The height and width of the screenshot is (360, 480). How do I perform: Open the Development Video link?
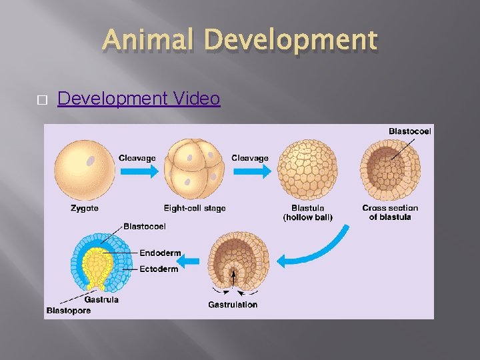(139, 99)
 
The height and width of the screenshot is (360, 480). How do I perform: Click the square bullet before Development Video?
(41, 99)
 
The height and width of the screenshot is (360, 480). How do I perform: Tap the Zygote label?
(85, 208)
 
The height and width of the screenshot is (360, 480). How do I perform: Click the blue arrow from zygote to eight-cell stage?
(138, 171)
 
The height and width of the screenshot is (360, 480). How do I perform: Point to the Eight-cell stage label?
(195, 208)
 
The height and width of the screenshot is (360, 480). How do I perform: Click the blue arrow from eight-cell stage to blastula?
(251, 171)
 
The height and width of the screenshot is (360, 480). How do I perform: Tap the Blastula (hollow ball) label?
(307, 212)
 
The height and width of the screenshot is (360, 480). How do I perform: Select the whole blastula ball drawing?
(307, 169)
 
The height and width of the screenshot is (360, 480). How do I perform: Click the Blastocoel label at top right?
(410, 131)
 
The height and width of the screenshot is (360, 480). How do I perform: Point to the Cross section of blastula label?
(391, 212)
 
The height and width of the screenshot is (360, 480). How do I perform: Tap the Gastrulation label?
(233, 305)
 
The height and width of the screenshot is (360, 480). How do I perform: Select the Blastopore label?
(69, 311)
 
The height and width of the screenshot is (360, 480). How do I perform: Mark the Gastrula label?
(101, 299)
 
